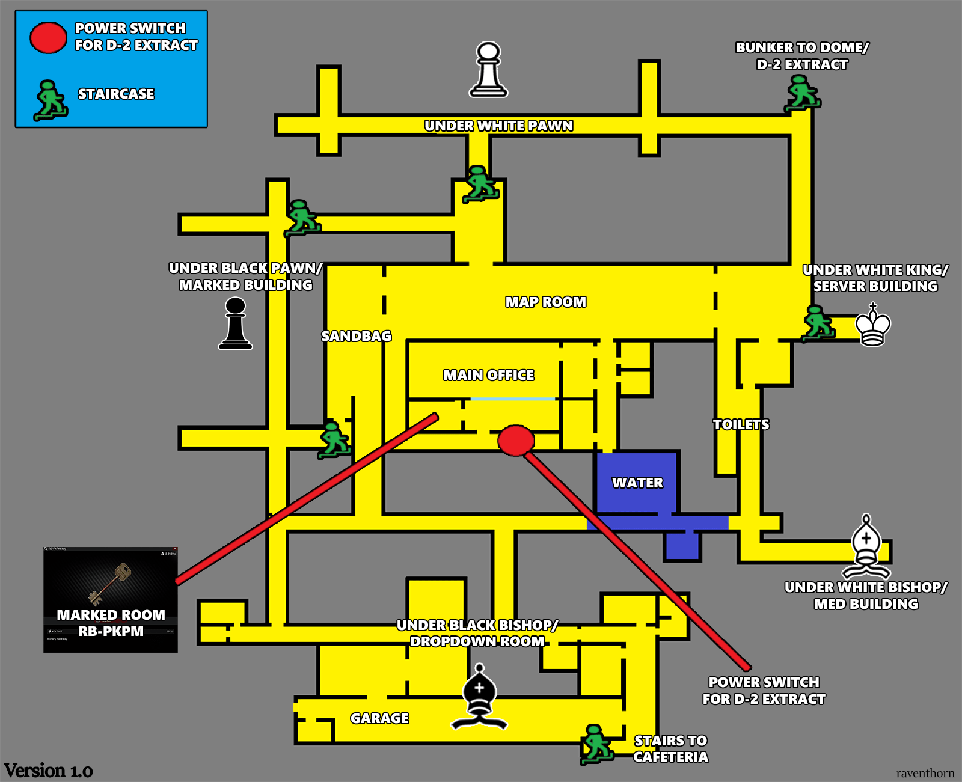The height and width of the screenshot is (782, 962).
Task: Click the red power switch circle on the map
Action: pyautogui.click(x=516, y=441)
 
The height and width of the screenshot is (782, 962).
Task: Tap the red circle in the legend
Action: pyautogui.click(x=48, y=38)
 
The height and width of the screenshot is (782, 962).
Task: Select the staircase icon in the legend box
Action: pyautogui.click(x=51, y=100)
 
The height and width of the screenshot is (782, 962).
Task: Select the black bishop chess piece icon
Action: pyautogui.click(x=479, y=697)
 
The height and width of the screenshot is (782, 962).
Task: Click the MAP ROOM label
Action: pyautogui.click(x=545, y=302)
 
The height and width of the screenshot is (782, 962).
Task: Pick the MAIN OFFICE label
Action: pyautogui.click(x=488, y=375)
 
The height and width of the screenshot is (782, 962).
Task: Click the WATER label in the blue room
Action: pyautogui.click(x=637, y=483)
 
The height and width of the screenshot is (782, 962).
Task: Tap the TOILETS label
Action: pyautogui.click(x=741, y=424)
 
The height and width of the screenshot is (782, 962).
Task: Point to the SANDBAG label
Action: pyautogui.click(x=356, y=336)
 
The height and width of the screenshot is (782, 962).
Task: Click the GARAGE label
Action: pyautogui.click(x=379, y=718)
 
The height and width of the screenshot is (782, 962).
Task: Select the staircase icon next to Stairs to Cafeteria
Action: pyautogui.click(x=596, y=744)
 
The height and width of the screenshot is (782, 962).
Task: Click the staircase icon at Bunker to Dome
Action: pyautogui.click(x=802, y=93)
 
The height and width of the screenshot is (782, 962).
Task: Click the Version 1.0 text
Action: pyautogui.click(x=48, y=771)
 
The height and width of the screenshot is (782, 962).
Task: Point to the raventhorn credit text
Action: pyautogui.click(x=925, y=773)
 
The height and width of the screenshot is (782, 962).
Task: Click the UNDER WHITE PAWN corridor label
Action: pyautogui.click(x=498, y=126)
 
